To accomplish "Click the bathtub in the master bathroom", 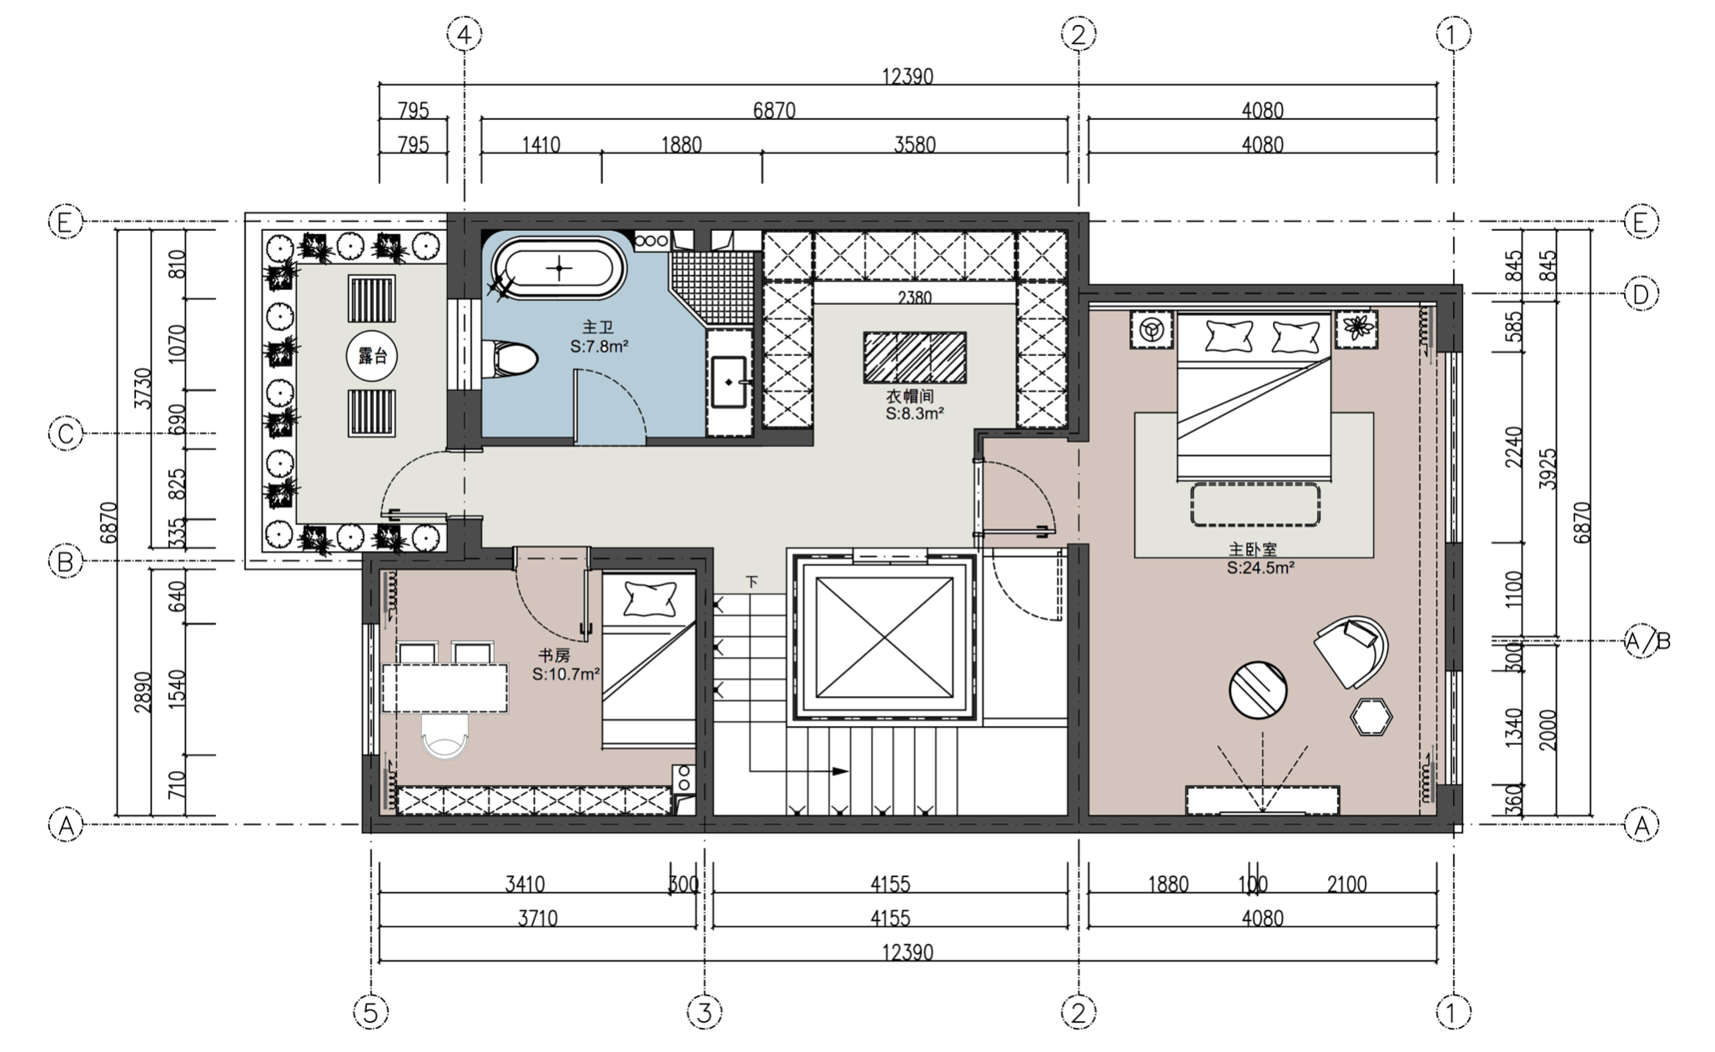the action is click(559, 268).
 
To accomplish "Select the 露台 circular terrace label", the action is click(372, 357).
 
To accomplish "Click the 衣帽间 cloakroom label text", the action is click(909, 396).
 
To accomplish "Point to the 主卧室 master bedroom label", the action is click(1253, 550).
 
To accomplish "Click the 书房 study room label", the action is click(554, 656).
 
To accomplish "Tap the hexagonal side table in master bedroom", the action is click(1371, 716).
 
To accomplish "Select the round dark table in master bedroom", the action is click(1258, 689).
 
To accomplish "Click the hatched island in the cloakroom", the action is click(914, 358).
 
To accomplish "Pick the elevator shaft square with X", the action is click(884, 638).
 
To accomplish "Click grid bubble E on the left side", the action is click(66, 222).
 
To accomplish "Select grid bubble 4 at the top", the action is click(465, 34).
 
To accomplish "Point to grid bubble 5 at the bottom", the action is click(371, 1013).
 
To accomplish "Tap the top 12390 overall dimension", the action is click(908, 77).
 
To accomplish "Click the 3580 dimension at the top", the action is click(914, 145).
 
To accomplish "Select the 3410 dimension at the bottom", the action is click(525, 884).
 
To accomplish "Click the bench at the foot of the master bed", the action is click(1255, 504).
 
